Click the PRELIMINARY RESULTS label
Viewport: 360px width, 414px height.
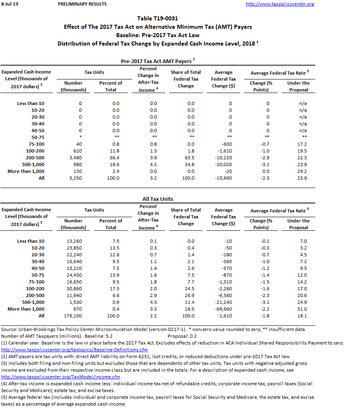(82, 4)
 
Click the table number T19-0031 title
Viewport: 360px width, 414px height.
(157, 18)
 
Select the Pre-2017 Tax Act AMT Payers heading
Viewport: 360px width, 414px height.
(157, 61)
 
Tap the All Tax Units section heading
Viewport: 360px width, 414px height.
(158, 199)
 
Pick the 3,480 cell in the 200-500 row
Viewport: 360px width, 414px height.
(80, 158)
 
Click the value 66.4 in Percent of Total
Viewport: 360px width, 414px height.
(115, 158)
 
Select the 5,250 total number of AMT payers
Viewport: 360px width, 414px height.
(80, 178)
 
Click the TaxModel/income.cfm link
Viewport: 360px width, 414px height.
(61, 376)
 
